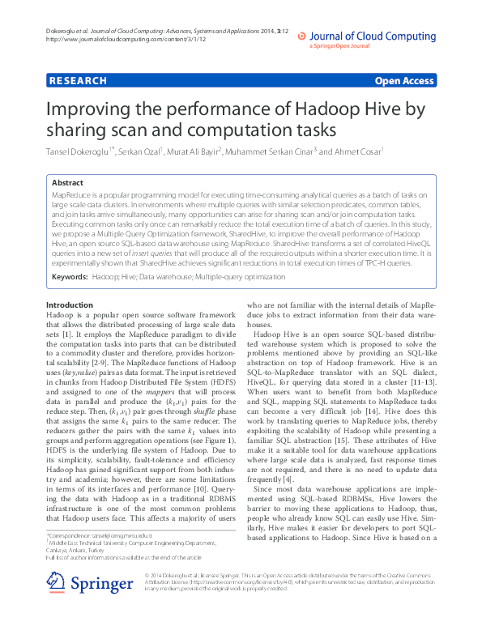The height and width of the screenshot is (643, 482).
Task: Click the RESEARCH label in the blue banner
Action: (x=78, y=81)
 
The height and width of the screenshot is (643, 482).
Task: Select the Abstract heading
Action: (x=67, y=184)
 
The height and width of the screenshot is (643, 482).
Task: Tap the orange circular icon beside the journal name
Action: (x=301, y=36)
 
